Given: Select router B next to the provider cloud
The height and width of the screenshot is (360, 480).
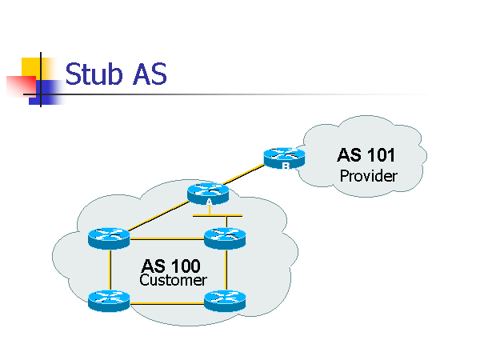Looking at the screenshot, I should (285, 158).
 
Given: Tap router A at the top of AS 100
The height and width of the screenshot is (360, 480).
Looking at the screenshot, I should (208, 193).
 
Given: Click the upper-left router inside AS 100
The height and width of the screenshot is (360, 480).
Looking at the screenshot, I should (109, 238).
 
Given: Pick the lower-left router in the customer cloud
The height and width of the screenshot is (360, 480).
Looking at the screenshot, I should (109, 301).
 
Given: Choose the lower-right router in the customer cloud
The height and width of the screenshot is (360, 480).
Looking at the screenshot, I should (225, 301).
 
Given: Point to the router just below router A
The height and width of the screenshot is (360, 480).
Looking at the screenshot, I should (225, 238).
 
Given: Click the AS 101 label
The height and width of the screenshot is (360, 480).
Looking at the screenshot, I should (367, 155).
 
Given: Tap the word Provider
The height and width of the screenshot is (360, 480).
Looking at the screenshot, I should (368, 176).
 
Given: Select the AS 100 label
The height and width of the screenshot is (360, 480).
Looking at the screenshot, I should (171, 266).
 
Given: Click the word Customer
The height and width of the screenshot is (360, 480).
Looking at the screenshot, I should (173, 281).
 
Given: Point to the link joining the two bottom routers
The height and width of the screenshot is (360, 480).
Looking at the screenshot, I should (166, 302).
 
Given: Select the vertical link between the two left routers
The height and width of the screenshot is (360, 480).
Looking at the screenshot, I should (109, 270).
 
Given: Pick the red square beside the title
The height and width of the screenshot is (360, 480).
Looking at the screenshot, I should (18, 86).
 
